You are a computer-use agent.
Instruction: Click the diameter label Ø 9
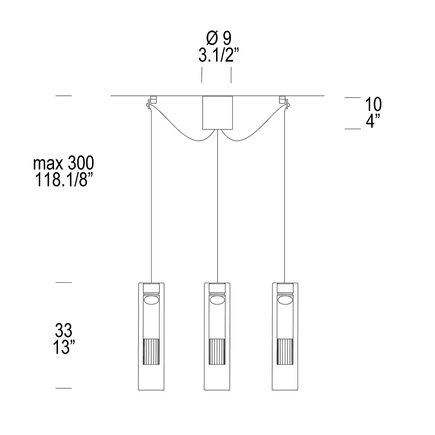(x=219, y=38)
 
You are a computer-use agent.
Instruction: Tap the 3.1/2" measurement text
(x=219, y=55)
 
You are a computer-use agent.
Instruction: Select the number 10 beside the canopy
(x=373, y=104)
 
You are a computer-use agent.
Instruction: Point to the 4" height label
(x=373, y=121)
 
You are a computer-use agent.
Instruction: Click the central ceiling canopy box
(x=217, y=113)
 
